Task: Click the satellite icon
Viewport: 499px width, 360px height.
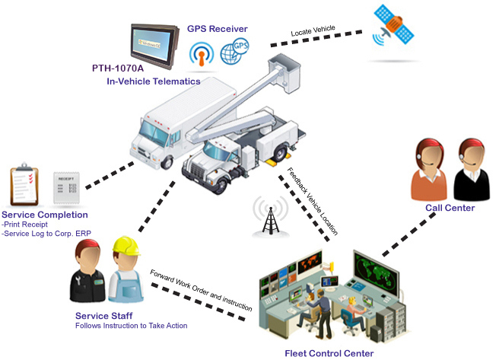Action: [394, 27]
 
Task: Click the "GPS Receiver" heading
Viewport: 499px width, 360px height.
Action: [218, 29]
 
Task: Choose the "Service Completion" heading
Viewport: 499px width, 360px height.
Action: [45, 215]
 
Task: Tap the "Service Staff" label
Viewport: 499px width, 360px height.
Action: [103, 316]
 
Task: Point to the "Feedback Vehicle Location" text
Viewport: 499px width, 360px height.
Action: [312, 199]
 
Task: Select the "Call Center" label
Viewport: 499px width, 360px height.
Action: [450, 208]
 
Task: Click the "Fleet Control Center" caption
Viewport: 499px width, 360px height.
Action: [329, 353]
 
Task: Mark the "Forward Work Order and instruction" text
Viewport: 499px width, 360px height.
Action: [201, 289]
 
